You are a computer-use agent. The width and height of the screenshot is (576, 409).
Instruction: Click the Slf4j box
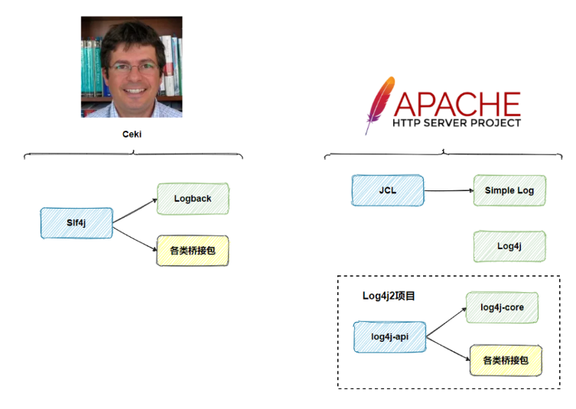coord(76,222)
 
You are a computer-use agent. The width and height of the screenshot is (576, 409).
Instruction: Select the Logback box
coord(193,199)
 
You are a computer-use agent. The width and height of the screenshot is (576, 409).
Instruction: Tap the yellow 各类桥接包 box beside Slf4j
coord(193,250)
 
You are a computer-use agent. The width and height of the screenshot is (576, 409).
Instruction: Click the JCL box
coord(387,190)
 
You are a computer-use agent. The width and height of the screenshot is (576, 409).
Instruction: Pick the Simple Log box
coord(509,190)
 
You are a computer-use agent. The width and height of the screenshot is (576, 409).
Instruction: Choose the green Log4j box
coord(509,246)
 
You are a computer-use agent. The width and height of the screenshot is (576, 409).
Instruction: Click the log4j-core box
coord(502,307)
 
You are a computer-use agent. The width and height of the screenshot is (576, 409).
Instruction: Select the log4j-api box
coord(389,337)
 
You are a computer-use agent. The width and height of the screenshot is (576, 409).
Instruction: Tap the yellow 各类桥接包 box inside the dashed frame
coord(506,360)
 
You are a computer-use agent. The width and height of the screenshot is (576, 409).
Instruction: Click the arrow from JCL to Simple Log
coord(448,190)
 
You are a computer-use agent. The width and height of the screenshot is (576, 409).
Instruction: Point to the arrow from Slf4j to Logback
coord(135,211)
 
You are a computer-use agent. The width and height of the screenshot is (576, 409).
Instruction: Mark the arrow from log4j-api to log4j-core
coord(446,322)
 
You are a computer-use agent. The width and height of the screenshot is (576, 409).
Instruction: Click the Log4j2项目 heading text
coord(389,295)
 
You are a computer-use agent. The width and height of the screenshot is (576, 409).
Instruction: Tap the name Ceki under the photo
coord(132,134)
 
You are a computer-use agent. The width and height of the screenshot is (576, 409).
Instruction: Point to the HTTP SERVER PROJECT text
coord(457,122)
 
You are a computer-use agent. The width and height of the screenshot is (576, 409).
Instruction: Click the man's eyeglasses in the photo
coord(132,67)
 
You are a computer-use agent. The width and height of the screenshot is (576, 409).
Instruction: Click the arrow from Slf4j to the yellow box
coord(135,235)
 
